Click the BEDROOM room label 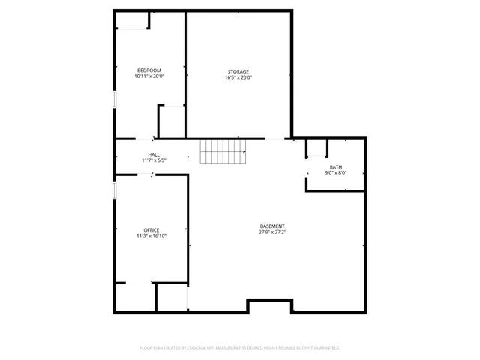148,70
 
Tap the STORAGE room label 238,71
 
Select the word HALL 153,154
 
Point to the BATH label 335,167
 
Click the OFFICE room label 151,229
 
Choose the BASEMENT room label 272,226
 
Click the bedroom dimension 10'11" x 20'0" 148,76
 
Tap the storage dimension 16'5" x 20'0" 238,77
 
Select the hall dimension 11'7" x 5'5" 153,160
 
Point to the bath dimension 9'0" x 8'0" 335,173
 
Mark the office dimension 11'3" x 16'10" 151,235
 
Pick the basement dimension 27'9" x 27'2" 272,232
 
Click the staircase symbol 223,152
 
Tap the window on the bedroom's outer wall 114,99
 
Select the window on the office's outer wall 114,190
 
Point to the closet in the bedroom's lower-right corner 171,121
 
